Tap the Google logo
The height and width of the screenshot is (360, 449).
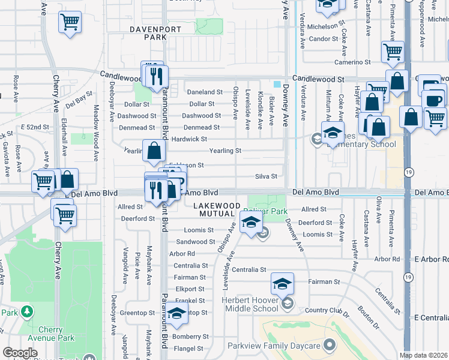20,353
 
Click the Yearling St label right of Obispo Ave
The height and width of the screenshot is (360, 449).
225,151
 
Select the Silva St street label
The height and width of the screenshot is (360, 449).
265,176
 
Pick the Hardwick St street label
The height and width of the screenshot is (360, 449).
189,139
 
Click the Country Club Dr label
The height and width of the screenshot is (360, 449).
327,310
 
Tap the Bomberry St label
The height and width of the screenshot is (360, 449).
190,337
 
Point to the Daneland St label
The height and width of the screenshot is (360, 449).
205,92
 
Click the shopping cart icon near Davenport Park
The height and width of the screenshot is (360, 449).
70,23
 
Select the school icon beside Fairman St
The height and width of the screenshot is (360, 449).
282,283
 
